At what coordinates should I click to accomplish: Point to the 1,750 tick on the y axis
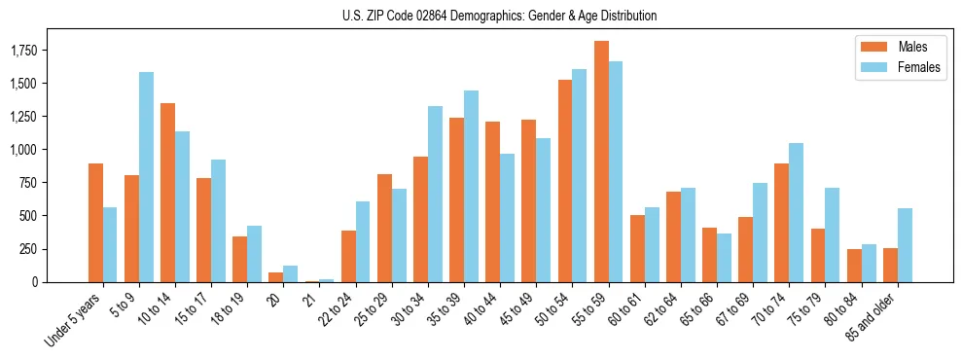pos(40,50)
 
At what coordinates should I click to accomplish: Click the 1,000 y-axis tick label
pos(40,149)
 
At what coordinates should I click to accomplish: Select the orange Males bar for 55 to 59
pos(601,162)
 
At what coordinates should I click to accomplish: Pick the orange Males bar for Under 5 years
pos(95,223)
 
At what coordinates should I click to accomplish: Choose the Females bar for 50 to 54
pos(580,175)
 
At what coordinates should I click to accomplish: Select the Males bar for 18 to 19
pos(239,259)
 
